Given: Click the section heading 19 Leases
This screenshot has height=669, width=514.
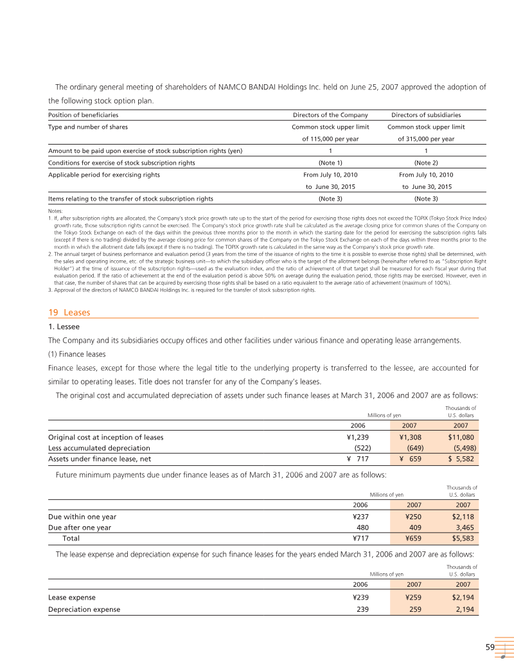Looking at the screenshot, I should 69,312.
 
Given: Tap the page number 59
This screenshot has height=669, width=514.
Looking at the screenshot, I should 490,647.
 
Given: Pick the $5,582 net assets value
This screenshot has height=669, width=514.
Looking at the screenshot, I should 461,459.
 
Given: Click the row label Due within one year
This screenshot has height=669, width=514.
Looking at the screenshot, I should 82,516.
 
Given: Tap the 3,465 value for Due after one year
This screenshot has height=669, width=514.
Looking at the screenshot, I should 463,527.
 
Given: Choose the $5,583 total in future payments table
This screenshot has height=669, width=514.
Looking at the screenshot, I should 463,538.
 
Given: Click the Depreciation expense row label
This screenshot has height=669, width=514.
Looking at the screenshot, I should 84,609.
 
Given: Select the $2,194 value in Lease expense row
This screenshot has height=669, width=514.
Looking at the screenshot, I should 463,597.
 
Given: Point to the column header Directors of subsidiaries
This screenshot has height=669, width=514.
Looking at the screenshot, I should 426,115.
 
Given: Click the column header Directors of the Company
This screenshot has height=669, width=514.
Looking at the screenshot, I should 330,115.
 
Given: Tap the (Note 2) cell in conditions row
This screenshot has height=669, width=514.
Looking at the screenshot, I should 426,163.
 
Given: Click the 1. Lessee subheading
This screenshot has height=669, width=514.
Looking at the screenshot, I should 64,326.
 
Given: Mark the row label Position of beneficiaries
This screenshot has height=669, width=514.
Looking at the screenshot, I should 84,115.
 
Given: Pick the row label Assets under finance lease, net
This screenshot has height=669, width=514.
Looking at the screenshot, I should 99,459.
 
